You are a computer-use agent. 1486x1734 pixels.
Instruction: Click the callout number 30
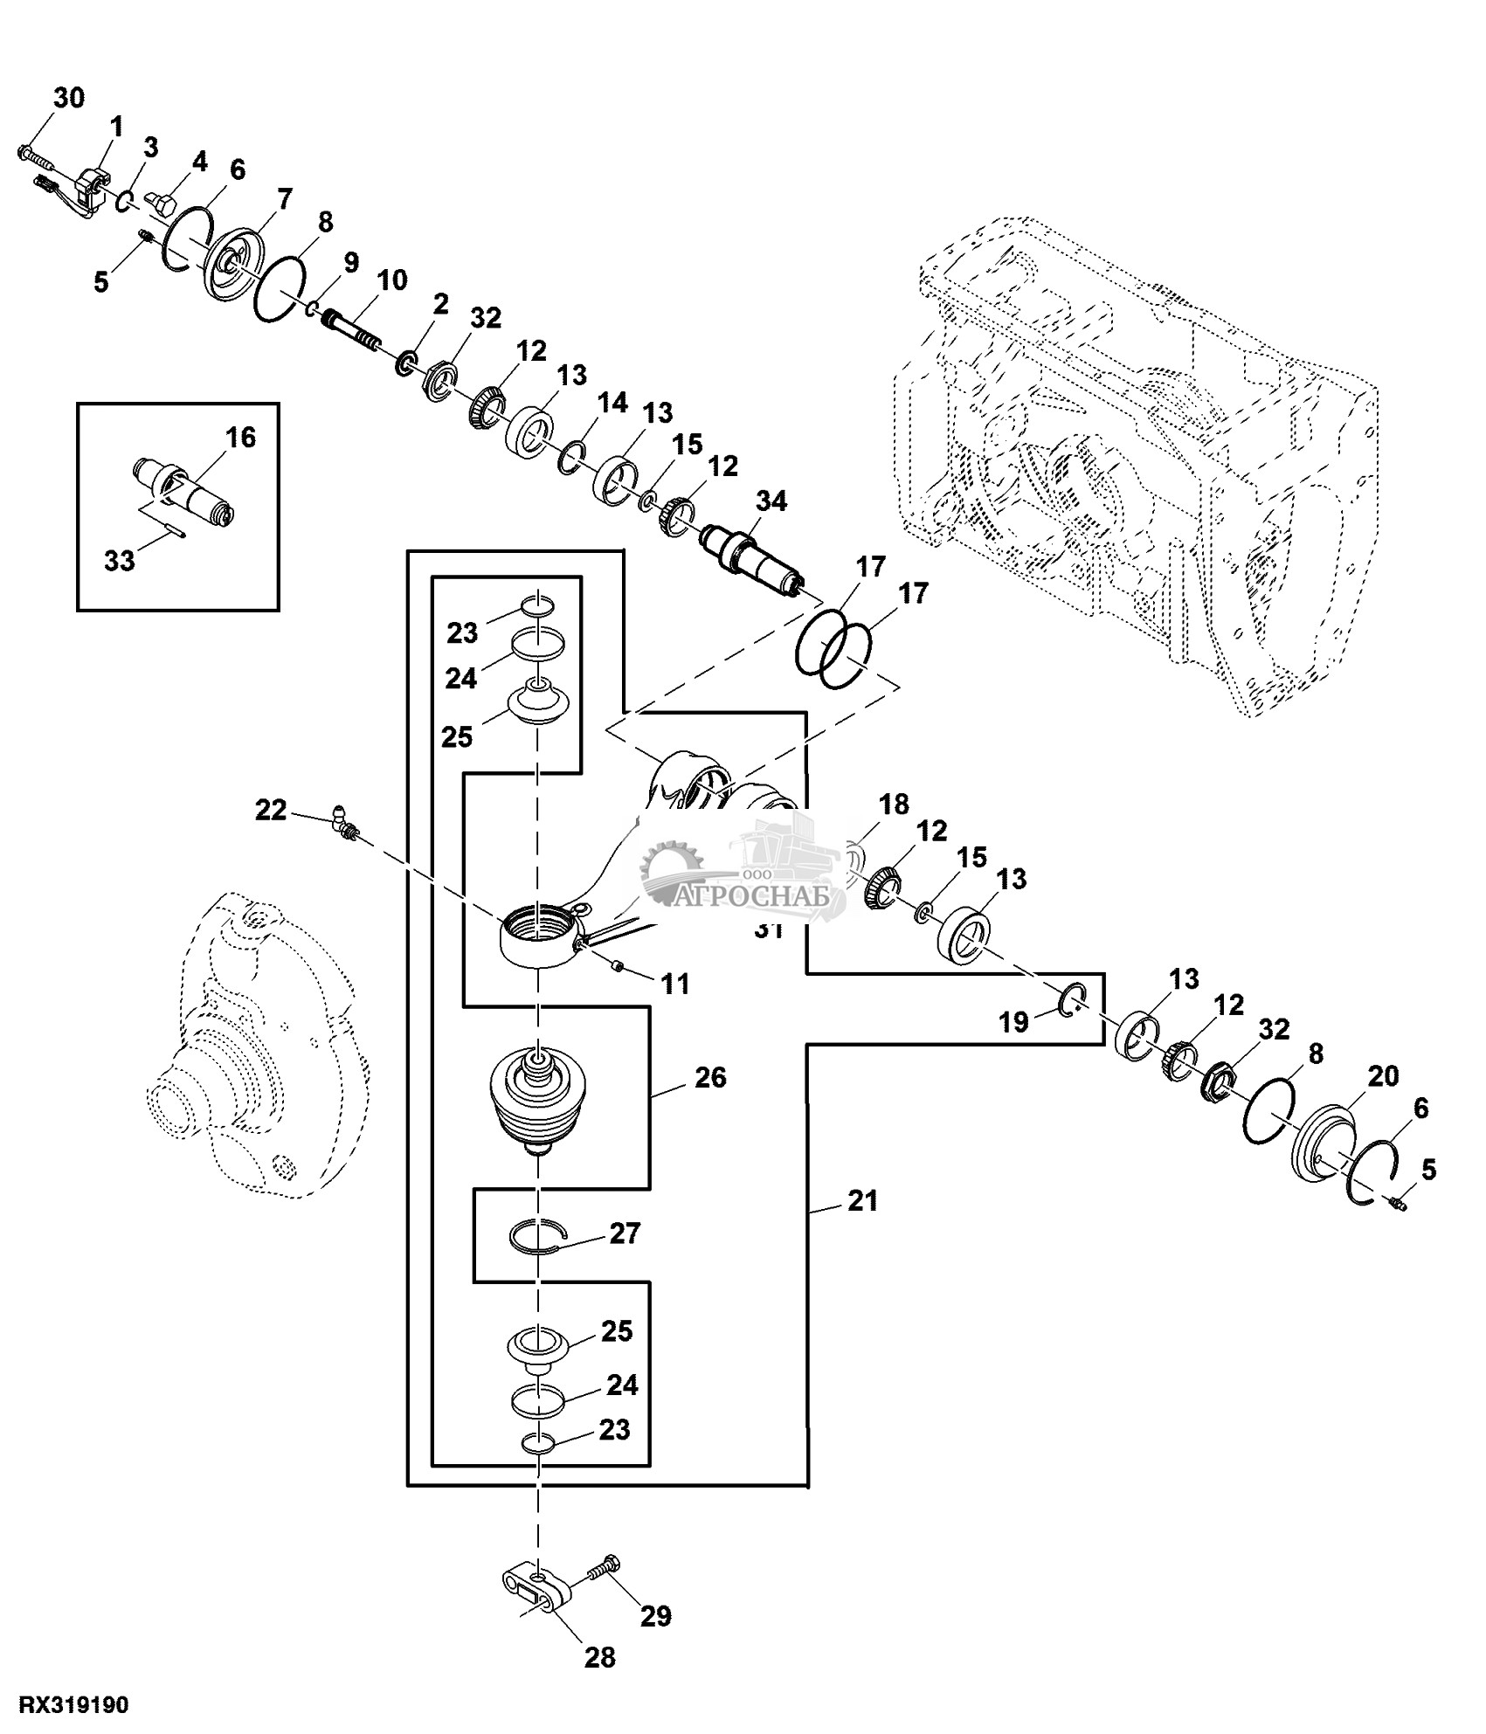(69, 98)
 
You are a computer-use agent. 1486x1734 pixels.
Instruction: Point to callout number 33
(120, 560)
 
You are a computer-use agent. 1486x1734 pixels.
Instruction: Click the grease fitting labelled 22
(342, 824)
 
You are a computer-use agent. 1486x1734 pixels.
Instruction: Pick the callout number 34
(771, 501)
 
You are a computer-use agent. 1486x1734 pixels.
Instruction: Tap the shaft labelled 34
(751, 559)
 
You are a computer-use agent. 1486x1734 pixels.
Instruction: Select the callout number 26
(710, 1078)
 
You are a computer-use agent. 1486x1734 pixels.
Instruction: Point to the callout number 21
(862, 1201)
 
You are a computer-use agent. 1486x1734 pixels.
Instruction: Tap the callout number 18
(894, 804)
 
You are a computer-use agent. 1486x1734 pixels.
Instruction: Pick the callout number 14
(612, 403)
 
